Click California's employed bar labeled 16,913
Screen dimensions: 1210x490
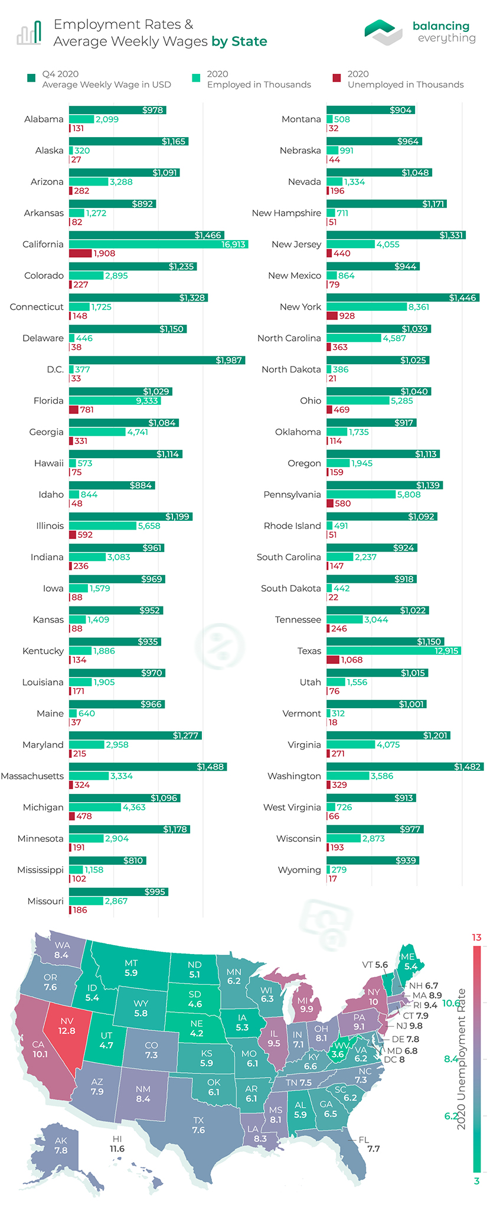[x=158, y=244]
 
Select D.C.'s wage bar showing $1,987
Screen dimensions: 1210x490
[x=156, y=360]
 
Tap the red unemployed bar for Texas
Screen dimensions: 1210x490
[x=333, y=660]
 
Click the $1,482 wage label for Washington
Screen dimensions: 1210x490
[x=466, y=767]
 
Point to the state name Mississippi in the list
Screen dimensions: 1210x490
[x=40, y=870]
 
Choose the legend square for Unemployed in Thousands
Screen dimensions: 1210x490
[x=337, y=78]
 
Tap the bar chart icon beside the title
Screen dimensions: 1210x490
[x=29, y=33]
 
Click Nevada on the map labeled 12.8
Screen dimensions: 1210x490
[x=66, y=1026]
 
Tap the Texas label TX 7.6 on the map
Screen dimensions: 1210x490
[x=198, y=1125]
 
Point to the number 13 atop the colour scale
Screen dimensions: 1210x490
[x=476, y=937]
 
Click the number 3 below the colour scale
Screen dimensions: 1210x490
[x=476, y=1181]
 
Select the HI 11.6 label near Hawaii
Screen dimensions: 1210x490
[x=117, y=1144]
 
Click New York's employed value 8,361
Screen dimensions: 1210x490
[x=419, y=307]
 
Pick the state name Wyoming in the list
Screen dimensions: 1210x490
[x=299, y=870]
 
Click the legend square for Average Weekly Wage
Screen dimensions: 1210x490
[x=31, y=78]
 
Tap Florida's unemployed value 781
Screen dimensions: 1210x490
[x=87, y=410]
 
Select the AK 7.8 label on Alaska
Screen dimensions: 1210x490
[x=61, y=1146]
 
